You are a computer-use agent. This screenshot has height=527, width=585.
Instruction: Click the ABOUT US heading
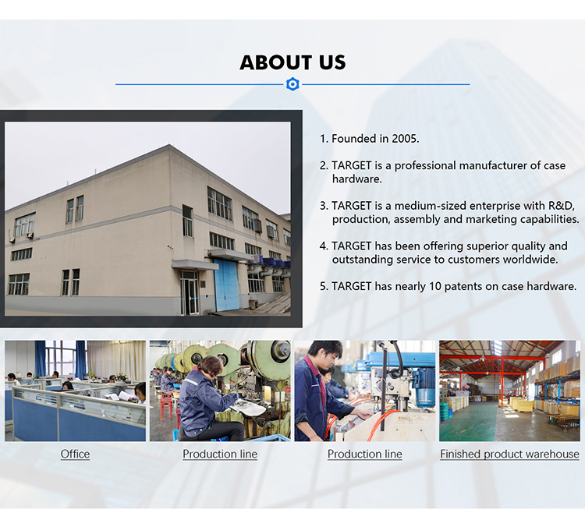click(292, 62)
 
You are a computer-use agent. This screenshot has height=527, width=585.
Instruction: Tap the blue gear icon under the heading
click(292, 84)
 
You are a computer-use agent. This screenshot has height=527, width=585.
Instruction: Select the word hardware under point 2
click(356, 179)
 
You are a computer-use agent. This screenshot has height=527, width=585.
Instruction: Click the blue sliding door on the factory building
click(226, 285)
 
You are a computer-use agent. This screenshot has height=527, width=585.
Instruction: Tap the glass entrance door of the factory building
click(190, 293)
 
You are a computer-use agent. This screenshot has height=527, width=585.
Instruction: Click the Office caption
click(75, 454)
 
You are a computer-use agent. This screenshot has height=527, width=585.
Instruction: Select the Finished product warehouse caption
click(509, 454)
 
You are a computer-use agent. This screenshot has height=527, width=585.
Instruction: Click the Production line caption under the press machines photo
click(220, 454)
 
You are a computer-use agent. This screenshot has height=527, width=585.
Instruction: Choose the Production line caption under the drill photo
click(365, 454)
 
